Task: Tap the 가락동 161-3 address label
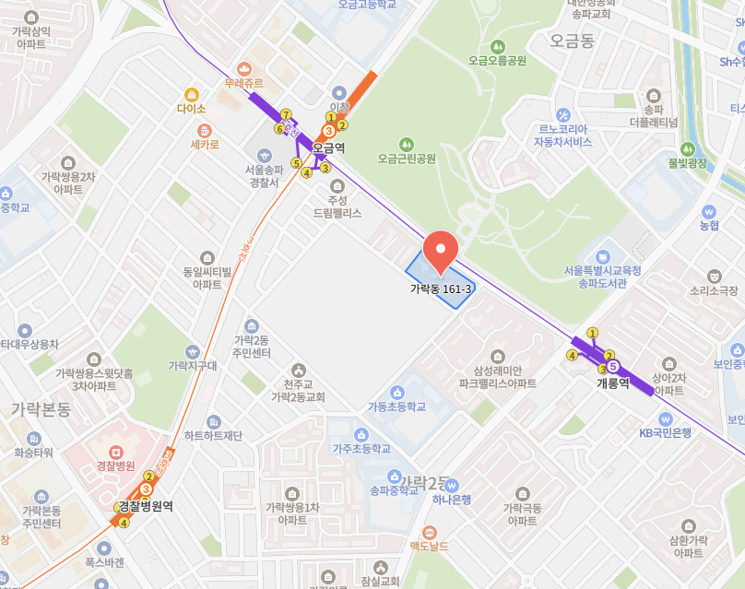tap(441, 289)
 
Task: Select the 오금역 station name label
tap(328, 147)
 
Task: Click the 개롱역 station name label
tap(612, 383)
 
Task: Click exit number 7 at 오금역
tap(286, 114)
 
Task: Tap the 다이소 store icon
tap(192, 94)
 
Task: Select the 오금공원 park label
tap(497, 61)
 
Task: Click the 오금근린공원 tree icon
tap(406, 143)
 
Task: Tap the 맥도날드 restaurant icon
tap(430, 532)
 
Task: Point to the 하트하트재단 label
tap(213, 435)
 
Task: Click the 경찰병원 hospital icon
tap(116, 453)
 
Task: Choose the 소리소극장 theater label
tap(714, 289)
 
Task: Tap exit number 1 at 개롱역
tap(592, 333)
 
